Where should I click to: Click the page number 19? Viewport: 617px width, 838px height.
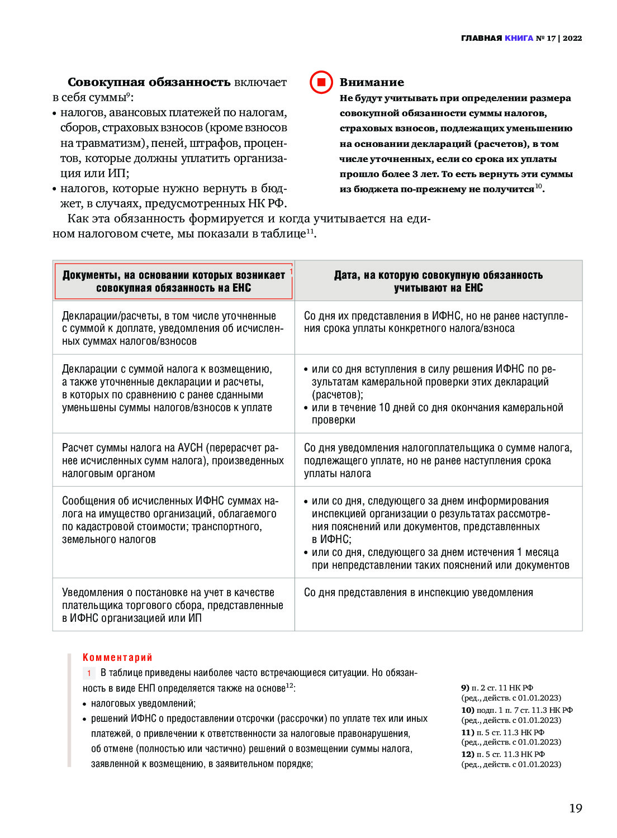click(x=576, y=808)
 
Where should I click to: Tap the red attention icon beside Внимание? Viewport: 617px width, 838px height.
click(x=321, y=82)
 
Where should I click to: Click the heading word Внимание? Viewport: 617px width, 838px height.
click(x=372, y=82)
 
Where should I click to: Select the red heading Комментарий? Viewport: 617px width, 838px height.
click(x=117, y=658)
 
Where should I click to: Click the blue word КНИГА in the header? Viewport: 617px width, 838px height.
click(x=519, y=38)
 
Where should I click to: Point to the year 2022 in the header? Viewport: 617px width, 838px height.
click(x=572, y=38)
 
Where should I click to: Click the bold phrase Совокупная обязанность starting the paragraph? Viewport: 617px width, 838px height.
click(x=149, y=82)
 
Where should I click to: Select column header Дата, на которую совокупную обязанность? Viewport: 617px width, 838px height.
click(x=438, y=281)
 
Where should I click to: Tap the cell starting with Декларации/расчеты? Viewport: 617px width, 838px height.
click(x=173, y=328)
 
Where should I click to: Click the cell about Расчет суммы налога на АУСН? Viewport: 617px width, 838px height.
click(x=173, y=460)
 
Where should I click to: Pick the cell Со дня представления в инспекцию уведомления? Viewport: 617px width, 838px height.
click(x=419, y=593)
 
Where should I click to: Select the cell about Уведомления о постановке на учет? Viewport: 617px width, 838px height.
click(x=173, y=605)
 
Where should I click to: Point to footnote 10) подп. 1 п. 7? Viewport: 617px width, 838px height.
click(x=516, y=710)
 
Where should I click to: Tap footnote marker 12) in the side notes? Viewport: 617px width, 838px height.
click(x=468, y=754)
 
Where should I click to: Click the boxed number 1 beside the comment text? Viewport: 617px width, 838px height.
click(x=89, y=673)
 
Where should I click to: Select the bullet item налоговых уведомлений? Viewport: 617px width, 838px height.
click(x=143, y=703)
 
